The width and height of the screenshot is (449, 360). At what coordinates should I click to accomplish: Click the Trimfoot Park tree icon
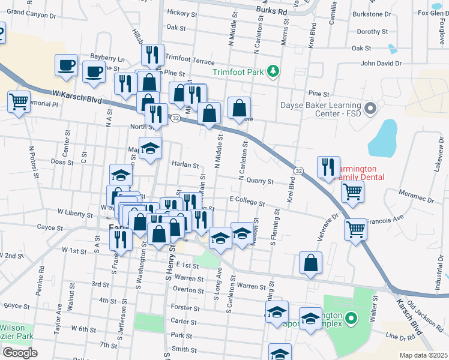coord(273,71)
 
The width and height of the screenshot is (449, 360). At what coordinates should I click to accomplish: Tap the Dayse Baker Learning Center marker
coord(370,109)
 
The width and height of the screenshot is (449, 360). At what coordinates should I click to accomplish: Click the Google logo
coord(20,352)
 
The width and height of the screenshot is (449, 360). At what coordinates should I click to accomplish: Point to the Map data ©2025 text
coord(423,355)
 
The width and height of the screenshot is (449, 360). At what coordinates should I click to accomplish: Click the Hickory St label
coord(182,13)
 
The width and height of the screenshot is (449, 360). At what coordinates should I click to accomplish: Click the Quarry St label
coord(261,181)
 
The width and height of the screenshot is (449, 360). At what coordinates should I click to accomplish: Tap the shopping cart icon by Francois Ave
coord(355,228)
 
